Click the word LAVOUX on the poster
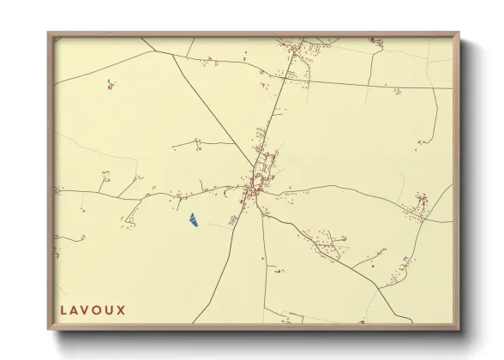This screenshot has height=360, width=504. [93, 309]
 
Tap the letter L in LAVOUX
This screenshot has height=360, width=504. [64, 309]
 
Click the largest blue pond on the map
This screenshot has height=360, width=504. [194, 221]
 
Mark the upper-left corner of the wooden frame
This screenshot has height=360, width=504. [49, 33]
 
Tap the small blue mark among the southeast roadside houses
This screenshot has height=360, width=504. [403, 258]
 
